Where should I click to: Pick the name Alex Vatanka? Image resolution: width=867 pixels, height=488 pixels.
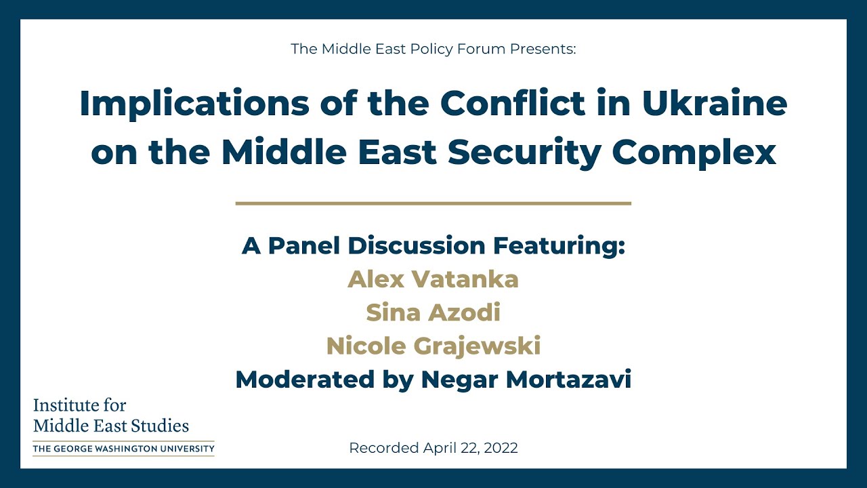click(433, 279)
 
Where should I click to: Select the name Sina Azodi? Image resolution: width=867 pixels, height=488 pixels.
click(433, 312)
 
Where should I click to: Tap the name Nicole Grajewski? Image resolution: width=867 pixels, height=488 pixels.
click(433, 346)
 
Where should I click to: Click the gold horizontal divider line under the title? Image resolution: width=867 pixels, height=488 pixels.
click(433, 203)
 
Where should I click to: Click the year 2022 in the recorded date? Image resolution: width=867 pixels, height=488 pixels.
click(502, 448)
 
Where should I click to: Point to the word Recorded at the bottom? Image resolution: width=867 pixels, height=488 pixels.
click(383, 448)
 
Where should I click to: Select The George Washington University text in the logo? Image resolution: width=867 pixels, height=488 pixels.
click(123, 448)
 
